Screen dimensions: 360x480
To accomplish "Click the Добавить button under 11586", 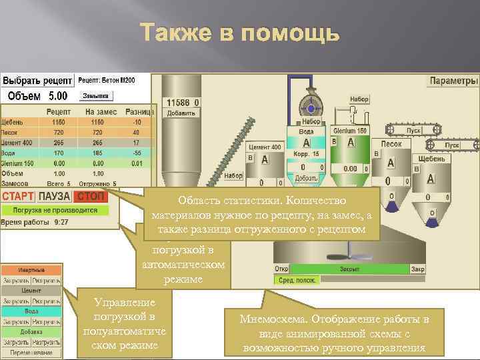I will coord(181,113).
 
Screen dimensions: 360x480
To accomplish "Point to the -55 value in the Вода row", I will coord(136,153).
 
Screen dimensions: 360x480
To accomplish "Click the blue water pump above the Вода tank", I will coord(309,104).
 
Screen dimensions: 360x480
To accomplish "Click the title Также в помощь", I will coord(240,33).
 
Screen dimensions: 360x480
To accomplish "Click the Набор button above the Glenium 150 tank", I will coord(359,99).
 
